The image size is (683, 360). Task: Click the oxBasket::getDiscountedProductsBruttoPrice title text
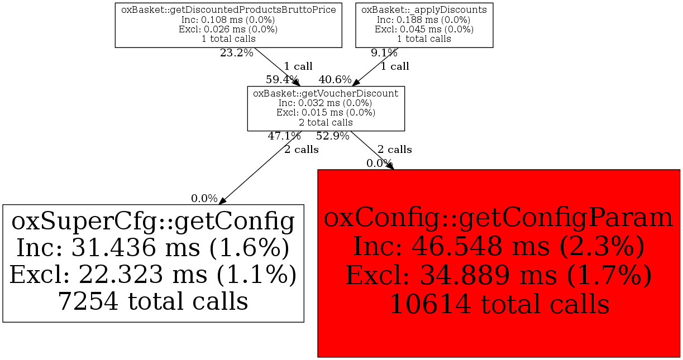(228, 9)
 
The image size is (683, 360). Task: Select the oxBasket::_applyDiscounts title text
(424, 9)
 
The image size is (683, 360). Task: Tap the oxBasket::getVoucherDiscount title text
(326, 93)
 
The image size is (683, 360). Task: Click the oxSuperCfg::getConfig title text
(153, 222)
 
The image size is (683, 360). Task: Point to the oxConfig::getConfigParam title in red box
(499, 218)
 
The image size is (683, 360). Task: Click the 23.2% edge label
(236, 54)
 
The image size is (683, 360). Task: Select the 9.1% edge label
(384, 54)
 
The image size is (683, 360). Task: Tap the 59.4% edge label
(282, 79)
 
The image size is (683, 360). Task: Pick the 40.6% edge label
(335, 79)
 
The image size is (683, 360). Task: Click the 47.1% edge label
(284, 136)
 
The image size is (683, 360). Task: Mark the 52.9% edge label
(332, 136)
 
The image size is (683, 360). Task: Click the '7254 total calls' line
(153, 301)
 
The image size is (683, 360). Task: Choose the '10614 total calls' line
(499, 305)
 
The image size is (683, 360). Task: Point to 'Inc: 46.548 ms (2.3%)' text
(499, 247)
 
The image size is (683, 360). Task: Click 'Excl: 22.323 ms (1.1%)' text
(153, 275)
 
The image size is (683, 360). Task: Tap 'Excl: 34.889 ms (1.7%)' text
(499, 276)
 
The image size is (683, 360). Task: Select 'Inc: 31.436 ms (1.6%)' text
(153, 248)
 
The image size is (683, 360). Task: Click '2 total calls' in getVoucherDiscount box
(326, 122)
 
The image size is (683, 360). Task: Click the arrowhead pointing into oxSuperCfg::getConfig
(222, 200)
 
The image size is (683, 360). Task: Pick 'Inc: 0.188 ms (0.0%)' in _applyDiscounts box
(424, 20)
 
